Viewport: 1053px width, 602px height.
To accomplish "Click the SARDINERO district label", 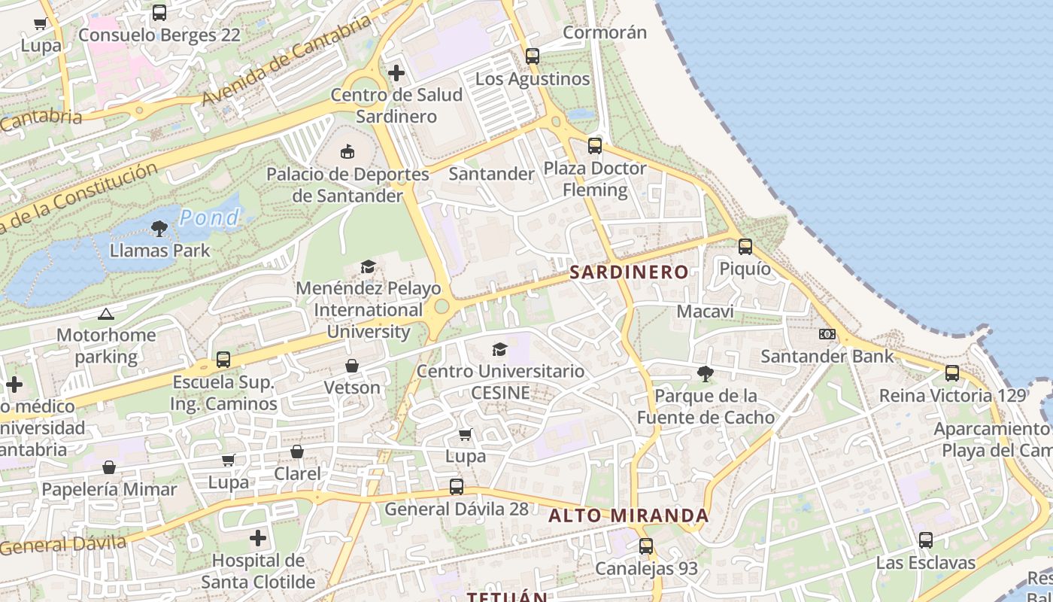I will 629,272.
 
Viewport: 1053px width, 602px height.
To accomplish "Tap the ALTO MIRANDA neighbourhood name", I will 628,515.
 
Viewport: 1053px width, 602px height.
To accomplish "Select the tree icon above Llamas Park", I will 159,228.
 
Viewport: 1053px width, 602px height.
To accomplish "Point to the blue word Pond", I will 209,218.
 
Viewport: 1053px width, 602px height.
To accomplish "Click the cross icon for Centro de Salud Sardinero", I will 396,73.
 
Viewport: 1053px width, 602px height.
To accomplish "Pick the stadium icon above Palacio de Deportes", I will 347,152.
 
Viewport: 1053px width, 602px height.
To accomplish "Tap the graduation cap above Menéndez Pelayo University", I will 368,266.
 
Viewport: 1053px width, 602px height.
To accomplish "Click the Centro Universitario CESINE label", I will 500,382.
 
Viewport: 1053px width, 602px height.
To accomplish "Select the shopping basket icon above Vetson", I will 351,366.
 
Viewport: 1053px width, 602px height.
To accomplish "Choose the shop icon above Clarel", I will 297,451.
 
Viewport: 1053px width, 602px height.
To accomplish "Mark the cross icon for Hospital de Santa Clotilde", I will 258,538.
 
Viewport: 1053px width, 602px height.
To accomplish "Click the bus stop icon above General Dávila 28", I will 457,487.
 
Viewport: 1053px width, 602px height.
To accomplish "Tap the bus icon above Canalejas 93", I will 646,546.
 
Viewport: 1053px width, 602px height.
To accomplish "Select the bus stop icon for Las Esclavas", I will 925,540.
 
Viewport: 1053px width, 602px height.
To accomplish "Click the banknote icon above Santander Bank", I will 827,334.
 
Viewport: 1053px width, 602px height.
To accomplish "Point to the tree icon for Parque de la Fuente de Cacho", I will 705,373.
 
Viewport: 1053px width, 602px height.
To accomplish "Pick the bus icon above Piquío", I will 745,246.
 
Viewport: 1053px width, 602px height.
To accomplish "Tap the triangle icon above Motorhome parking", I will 105,314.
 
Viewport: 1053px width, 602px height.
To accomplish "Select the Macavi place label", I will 705,311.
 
